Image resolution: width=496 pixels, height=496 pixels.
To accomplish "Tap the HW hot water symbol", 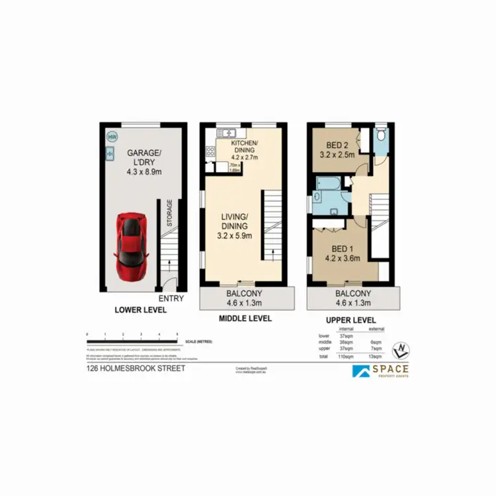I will click(x=112, y=137).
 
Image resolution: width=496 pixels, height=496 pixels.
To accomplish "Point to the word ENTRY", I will click(x=171, y=298).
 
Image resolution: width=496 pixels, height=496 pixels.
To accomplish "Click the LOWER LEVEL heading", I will click(x=140, y=310).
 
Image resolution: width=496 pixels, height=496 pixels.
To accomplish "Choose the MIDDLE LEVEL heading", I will click(x=245, y=318).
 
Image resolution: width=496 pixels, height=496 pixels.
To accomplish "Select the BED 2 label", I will click(x=338, y=146).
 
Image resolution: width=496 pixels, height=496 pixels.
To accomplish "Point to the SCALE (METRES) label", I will click(x=199, y=342).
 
